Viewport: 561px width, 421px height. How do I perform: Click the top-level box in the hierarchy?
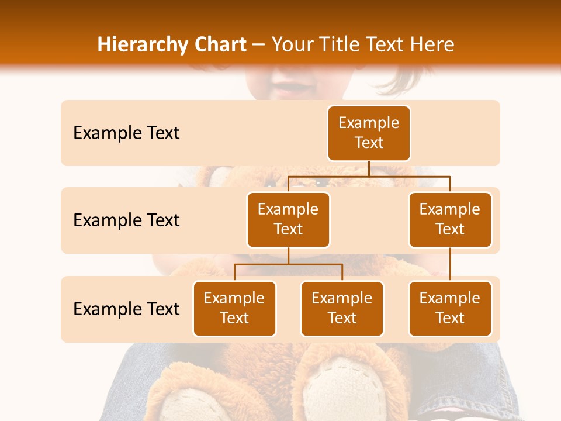pos(369,133)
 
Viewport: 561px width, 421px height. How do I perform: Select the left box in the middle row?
pos(288,219)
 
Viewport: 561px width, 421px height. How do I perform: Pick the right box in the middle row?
pos(450,219)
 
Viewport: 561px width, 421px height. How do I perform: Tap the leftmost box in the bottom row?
pos(234,308)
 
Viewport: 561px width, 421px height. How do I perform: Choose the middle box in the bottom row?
pos(342,308)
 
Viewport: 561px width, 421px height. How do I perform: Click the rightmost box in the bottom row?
pos(450,308)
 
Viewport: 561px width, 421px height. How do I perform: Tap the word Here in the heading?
pos(432,45)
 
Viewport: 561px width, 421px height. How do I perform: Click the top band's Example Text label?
pos(126,133)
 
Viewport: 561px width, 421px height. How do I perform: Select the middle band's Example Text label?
pos(126,220)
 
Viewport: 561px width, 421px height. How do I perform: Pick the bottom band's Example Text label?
pos(126,309)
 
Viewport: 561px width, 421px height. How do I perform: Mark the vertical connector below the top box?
pos(369,168)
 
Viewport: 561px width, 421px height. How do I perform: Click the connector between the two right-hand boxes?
pos(450,264)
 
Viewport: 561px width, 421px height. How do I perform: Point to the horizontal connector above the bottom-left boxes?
pos(288,264)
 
